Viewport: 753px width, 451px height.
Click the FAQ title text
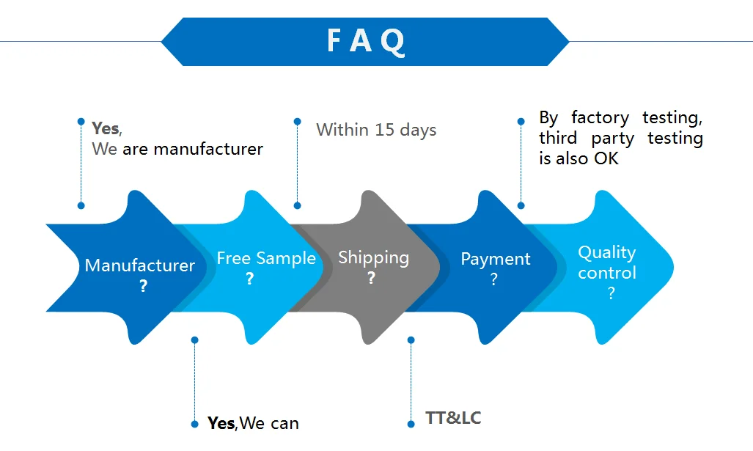pos(365,41)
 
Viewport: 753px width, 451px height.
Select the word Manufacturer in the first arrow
pos(140,265)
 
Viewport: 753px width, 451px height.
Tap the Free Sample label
pos(266,258)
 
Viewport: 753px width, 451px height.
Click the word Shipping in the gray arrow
pos(373,257)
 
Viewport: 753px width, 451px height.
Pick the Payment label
pos(495,259)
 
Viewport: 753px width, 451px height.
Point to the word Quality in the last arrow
pos(606,252)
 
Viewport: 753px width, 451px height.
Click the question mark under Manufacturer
pos(143,286)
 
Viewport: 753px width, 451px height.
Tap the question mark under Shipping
pos(372,278)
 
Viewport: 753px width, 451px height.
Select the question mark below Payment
pos(494,279)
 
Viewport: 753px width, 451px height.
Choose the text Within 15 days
pos(376,130)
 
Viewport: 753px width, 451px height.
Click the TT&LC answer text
pos(453,418)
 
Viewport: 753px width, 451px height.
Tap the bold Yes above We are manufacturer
pos(106,128)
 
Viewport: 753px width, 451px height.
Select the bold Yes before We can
pos(221,423)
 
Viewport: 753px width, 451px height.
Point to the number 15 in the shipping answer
pos(385,130)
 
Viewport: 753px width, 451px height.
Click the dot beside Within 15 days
pos(297,122)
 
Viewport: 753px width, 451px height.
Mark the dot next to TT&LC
pos(411,423)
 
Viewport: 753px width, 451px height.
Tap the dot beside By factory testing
pos(521,122)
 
